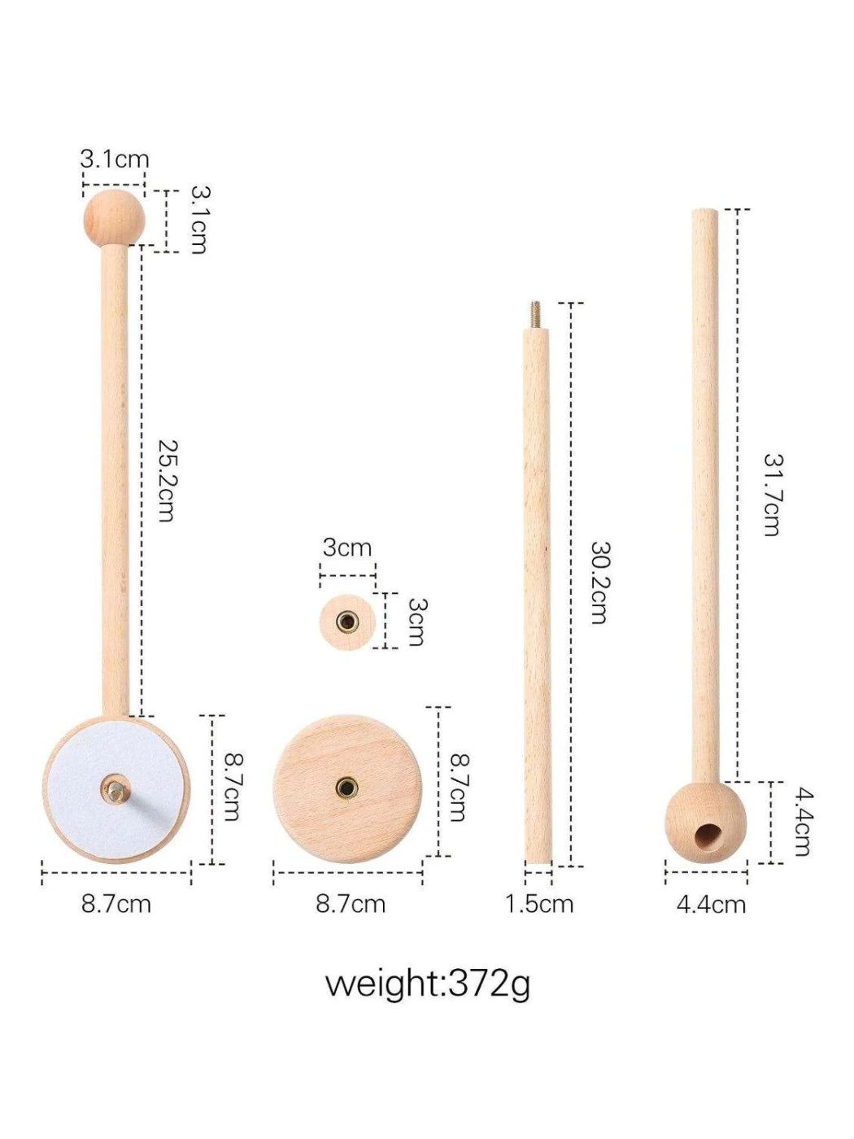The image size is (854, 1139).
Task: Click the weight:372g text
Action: [428, 984]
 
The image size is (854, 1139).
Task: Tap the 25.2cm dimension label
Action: [167, 481]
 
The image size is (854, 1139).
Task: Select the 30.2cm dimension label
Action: [599, 583]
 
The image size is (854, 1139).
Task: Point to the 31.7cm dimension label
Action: [772, 494]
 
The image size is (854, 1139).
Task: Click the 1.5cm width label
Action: [539, 904]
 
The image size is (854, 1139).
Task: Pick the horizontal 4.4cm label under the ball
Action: [711, 904]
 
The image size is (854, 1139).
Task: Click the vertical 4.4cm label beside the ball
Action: [802, 821]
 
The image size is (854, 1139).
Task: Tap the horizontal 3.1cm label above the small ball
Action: [115, 159]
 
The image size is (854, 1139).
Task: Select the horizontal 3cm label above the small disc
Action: [347, 548]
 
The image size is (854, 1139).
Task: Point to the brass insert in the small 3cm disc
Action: [347, 622]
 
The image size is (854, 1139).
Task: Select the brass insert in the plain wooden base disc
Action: [346, 788]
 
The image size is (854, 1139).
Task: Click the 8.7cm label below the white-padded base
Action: [116, 904]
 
